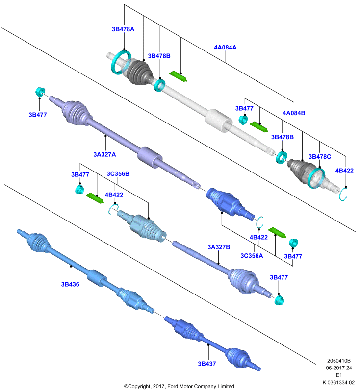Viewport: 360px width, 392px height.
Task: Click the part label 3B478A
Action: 123,29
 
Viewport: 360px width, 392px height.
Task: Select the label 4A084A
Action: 225,47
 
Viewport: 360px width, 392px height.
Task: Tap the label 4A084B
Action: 294,113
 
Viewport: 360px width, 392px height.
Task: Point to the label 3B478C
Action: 320,157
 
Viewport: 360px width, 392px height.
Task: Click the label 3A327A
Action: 104,154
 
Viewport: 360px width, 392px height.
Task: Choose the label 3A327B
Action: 219,247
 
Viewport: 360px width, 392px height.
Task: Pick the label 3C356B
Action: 118,174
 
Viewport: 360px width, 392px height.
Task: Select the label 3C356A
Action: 252,256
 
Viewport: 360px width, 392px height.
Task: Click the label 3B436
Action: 70,284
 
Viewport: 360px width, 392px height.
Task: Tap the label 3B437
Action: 207,364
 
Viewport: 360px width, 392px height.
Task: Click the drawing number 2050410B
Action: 339,361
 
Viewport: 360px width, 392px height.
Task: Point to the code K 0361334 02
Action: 338,383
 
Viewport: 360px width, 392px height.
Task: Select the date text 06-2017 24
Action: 339,368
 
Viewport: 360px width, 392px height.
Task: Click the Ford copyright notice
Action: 179,386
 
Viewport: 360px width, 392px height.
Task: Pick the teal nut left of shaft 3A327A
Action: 40,92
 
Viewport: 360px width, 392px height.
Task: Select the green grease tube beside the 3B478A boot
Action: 179,76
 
